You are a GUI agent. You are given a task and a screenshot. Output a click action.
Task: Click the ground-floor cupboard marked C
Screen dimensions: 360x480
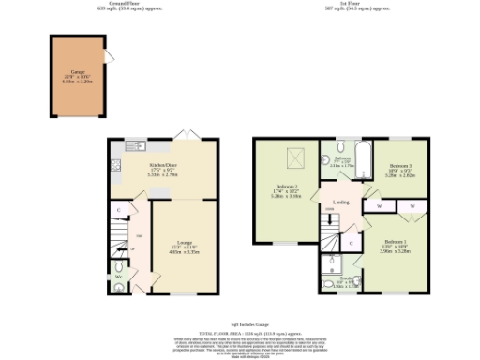coord(119,212)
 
